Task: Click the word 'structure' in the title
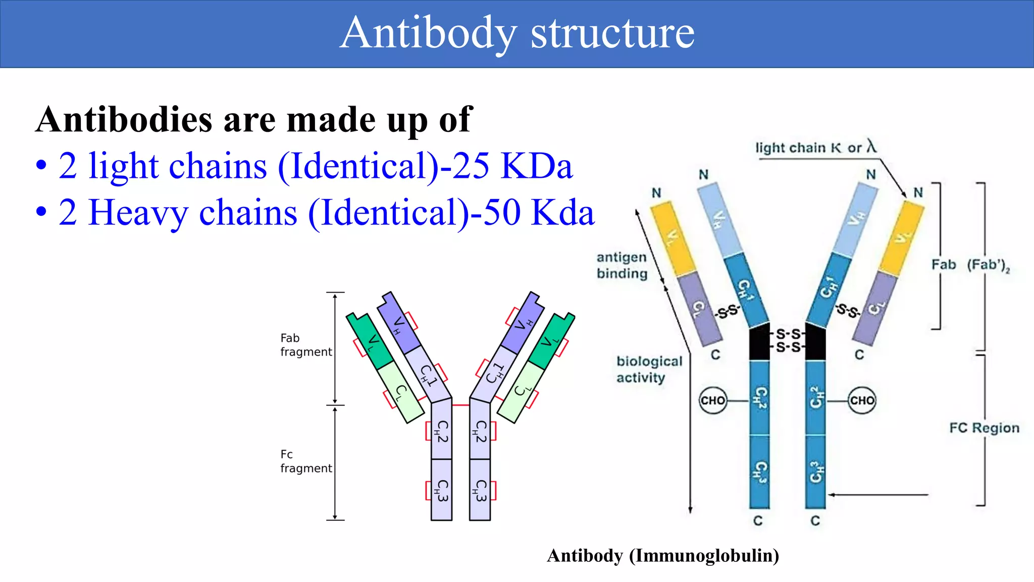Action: [612, 33]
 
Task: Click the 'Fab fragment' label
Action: [305, 345]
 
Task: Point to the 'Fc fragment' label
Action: [305, 461]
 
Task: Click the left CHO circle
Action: [712, 401]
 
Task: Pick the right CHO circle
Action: [861, 401]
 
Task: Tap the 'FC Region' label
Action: [984, 428]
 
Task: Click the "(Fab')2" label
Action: [988, 265]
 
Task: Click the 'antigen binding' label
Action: [622, 265]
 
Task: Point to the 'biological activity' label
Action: [648, 369]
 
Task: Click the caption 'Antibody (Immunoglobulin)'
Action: [662, 555]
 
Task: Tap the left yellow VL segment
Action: [673, 237]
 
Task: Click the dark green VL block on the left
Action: [370, 341]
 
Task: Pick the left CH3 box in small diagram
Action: [441, 490]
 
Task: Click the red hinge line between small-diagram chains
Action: [460, 405]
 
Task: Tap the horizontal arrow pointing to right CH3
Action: [878, 495]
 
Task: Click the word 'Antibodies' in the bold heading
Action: [124, 120]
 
